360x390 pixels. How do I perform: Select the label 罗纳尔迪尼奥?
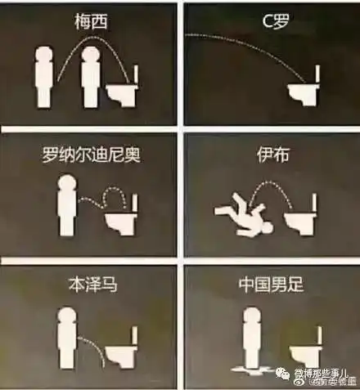click(90, 154)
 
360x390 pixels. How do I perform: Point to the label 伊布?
click(269, 153)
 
